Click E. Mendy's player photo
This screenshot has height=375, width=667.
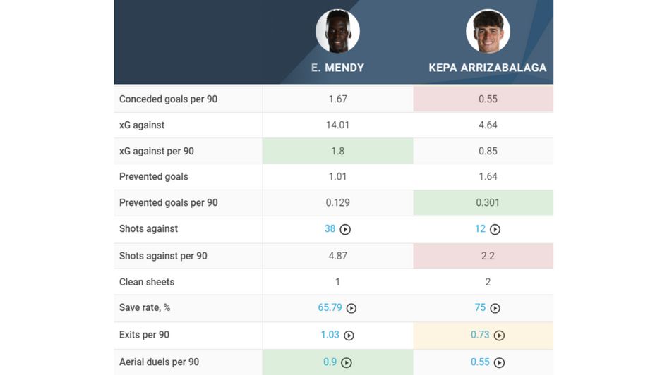(x=337, y=31)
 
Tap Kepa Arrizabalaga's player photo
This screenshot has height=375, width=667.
(x=488, y=31)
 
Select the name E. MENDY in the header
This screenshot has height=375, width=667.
(x=337, y=68)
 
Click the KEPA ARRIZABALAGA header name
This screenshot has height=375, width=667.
(x=487, y=68)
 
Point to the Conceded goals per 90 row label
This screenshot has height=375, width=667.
(x=168, y=99)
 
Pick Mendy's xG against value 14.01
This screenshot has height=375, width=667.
(x=337, y=125)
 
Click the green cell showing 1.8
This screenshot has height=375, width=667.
(x=337, y=151)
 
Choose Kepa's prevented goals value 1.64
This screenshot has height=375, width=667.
(x=488, y=177)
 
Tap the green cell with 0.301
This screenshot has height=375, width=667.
(x=488, y=203)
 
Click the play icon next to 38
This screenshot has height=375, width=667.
(x=345, y=230)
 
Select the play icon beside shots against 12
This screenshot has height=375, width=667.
(x=495, y=230)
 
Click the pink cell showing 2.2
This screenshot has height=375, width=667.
(x=488, y=256)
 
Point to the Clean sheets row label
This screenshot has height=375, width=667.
(x=147, y=282)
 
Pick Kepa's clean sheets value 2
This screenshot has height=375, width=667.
(x=488, y=282)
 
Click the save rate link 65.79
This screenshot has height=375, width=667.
(x=330, y=308)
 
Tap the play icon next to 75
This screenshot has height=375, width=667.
(x=495, y=309)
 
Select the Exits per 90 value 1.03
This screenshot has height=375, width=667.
(x=330, y=335)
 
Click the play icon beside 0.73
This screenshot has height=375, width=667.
(x=499, y=336)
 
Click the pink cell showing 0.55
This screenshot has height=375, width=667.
(x=488, y=99)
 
